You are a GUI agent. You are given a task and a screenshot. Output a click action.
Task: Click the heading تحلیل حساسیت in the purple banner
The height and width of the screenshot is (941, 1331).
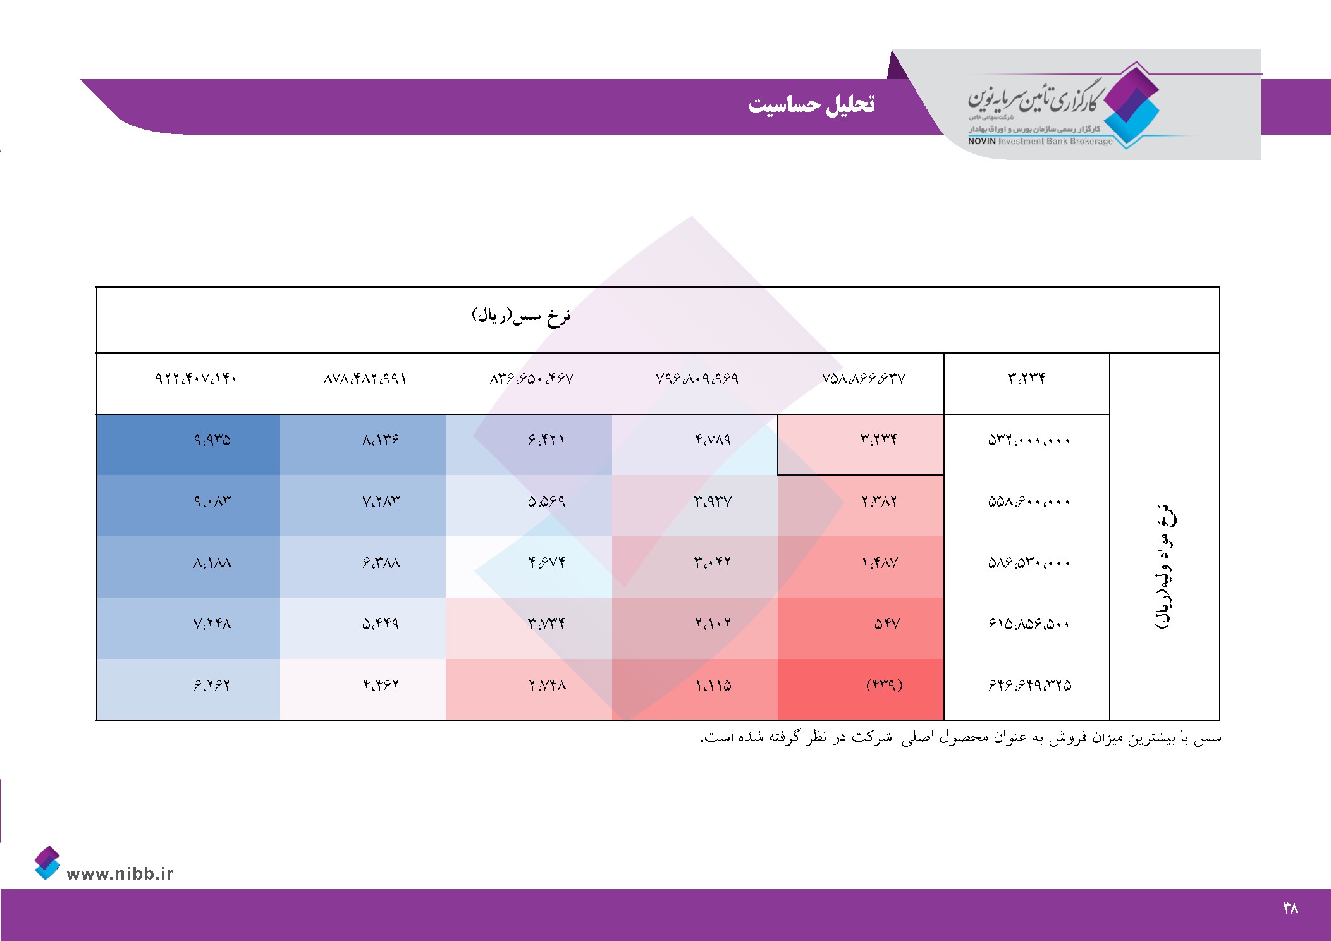tap(811, 104)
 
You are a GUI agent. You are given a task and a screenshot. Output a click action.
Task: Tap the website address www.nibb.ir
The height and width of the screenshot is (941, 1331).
tap(120, 873)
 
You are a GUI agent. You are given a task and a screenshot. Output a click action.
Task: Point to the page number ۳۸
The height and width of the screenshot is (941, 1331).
tap(1291, 908)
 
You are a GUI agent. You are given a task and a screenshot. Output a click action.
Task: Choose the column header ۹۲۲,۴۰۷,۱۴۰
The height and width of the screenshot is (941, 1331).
tap(196, 378)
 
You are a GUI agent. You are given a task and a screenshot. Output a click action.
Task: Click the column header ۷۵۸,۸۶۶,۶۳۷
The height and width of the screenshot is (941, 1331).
tap(864, 378)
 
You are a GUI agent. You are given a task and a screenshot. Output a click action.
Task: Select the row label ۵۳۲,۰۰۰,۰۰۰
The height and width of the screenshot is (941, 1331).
tap(1029, 440)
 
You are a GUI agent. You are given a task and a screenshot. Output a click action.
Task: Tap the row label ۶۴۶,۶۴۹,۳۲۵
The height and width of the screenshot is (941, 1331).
tap(1029, 685)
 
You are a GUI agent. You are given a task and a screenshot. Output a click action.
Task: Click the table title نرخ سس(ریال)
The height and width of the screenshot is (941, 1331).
tap(522, 316)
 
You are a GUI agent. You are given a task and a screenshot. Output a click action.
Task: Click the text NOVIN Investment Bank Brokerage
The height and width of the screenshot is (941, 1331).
tap(1040, 141)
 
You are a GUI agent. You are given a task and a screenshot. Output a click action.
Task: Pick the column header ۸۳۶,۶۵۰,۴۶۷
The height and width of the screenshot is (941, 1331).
tap(532, 378)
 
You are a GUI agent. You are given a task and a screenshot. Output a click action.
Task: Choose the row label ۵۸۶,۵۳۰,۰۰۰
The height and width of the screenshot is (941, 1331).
tap(1029, 562)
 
